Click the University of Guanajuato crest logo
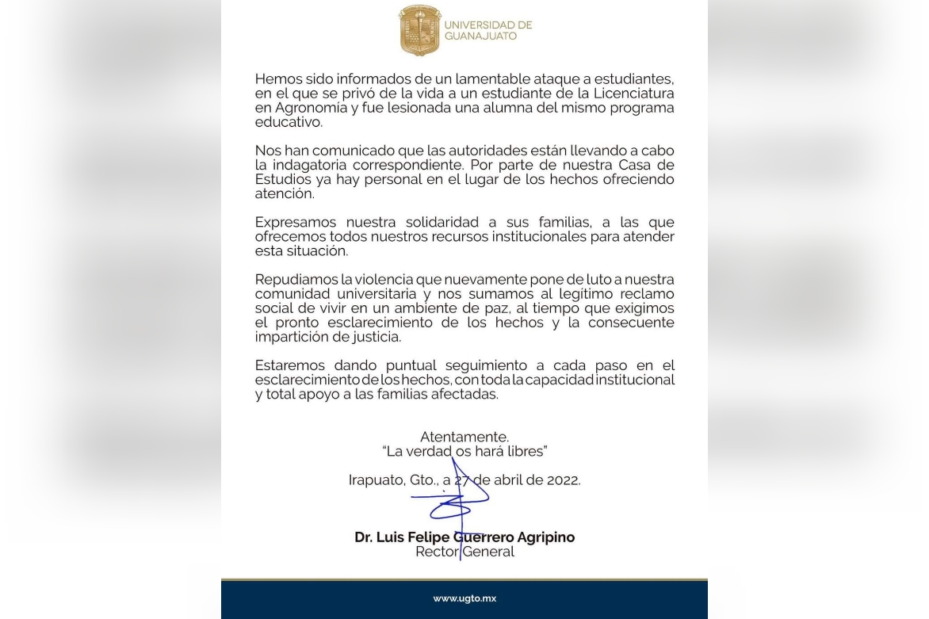419,30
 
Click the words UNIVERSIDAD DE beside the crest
488,25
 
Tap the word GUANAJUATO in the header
480,36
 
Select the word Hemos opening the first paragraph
277,79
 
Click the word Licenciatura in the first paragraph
630,94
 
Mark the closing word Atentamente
464,437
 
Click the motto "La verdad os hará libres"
464,451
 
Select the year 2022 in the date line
562,480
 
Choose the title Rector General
464,552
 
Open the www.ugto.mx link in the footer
464,598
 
